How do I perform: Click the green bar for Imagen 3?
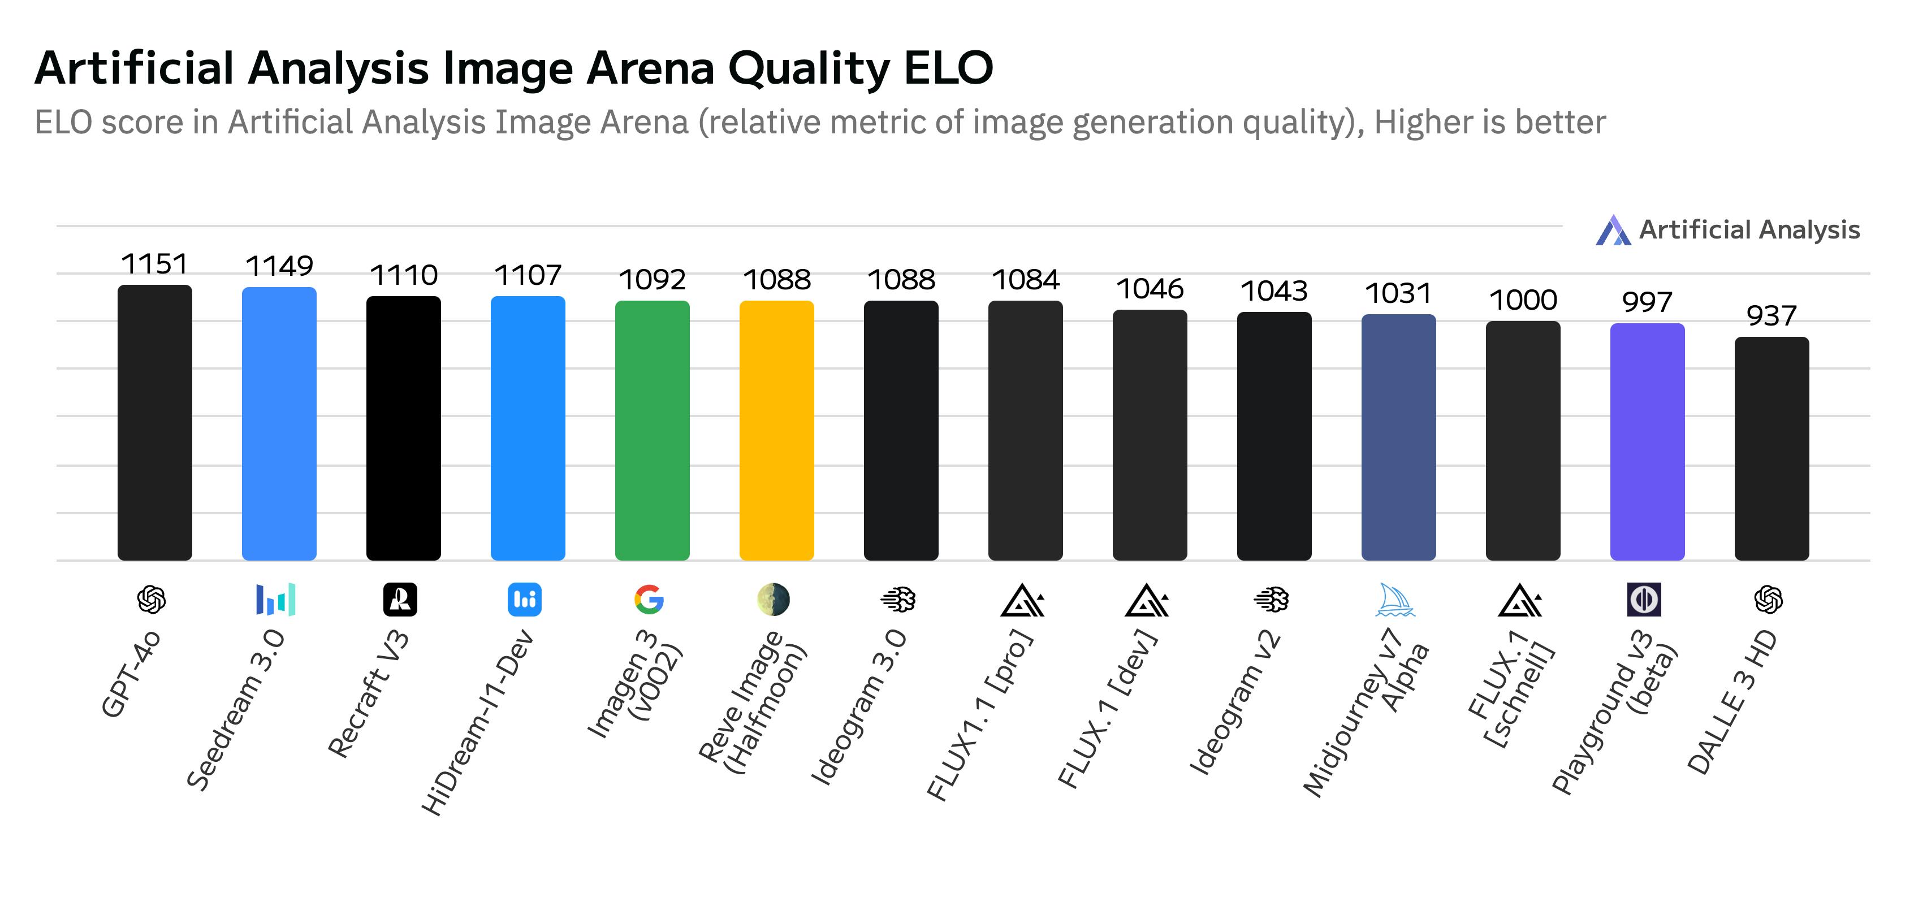pyautogui.click(x=651, y=430)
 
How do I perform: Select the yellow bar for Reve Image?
pyautogui.click(x=776, y=430)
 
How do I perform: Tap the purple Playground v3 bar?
pyautogui.click(x=1647, y=441)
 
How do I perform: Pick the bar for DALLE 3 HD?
pyautogui.click(x=1772, y=448)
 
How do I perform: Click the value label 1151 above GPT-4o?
pyautogui.click(x=154, y=264)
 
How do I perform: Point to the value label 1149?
pyautogui.click(x=279, y=266)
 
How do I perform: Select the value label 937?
pyautogui.click(x=1770, y=316)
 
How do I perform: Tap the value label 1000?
pyautogui.click(x=1523, y=300)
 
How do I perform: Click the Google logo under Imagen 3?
pyautogui.click(x=649, y=600)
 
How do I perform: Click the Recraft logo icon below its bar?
pyautogui.click(x=400, y=600)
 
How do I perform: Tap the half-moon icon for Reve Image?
pyautogui.click(x=773, y=600)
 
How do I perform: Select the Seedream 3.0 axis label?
pyautogui.click(x=236, y=709)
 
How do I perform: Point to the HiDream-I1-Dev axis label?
pyautogui.click(x=477, y=722)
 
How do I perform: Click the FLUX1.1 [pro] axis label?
pyautogui.click(x=980, y=714)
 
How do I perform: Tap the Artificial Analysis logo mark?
pyautogui.click(x=1613, y=231)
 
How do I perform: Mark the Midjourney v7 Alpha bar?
pyautogui.click(x=1398, y=437)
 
